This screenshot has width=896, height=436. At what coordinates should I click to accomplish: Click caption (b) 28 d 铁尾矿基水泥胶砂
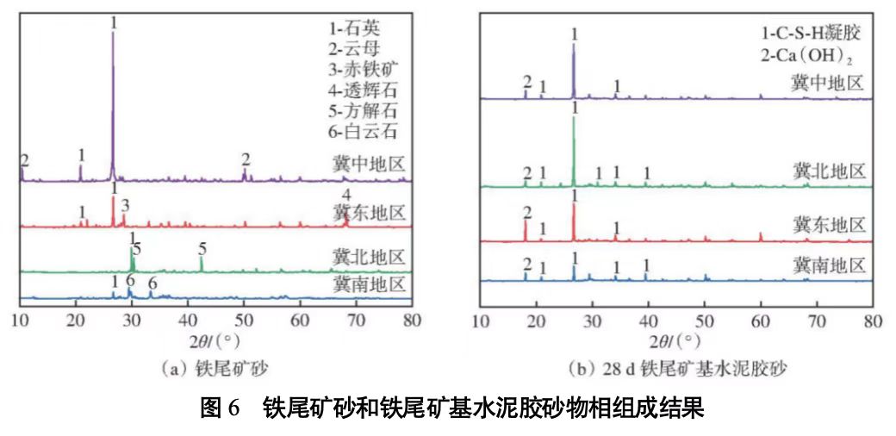(x=678, y=369)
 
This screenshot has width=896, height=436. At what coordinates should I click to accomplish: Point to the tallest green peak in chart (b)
(x=574, y=121)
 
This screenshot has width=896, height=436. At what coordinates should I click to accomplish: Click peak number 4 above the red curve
(x=346, y=196)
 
